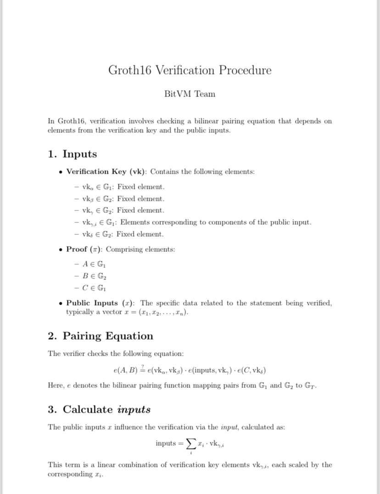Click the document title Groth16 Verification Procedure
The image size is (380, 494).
tap(190, 70)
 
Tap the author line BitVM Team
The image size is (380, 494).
tap(190, 94)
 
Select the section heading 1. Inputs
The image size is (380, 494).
tap(72, 154)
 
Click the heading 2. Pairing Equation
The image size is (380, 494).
tap(101, 336)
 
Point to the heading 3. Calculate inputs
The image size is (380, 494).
tap(99, 409)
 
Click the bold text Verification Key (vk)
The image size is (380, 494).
tap(106, 172)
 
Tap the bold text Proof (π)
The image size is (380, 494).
tap(84, 249)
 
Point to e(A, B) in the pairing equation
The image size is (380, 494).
tap(125, 370)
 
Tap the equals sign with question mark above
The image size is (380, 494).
tap(142, 369)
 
